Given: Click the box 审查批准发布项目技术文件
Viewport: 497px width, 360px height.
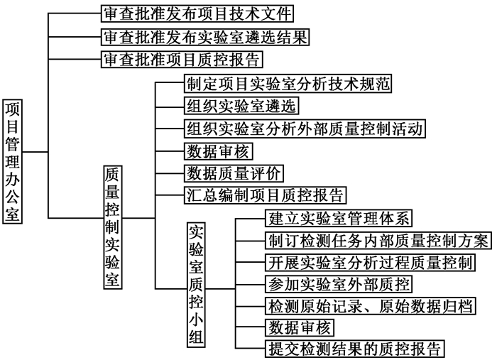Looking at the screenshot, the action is pyautogui.click(x=197, y=13).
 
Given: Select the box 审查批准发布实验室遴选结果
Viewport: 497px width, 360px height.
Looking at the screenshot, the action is pyautogui.click(x=205, y=37).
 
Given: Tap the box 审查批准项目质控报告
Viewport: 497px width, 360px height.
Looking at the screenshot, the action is pyautogui.click(x=182, y=59).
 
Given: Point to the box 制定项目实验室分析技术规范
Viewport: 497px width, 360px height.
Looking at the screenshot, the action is pyautogui.click(x=288, y=84).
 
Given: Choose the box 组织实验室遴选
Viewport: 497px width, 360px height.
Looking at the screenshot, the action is pyautogui.click(x=241, y=106).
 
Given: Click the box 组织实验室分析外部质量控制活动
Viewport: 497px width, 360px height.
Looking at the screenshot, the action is pyautogui.click(x=305, y=129).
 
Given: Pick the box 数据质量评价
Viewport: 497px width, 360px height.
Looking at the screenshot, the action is pyautogui.click(x=234, y=173).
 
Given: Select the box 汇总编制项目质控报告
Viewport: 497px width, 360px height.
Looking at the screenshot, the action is pyautogui.click(x=265, y=195).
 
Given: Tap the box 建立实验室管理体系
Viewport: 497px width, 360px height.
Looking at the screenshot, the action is pyautogui.click(x=339, y=218).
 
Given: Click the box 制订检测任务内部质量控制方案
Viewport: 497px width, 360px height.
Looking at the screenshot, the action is pyautogui.click(x=378, y=241).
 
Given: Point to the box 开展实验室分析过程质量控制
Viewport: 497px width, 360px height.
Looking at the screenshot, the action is pyautogui.click(x=370, y=263).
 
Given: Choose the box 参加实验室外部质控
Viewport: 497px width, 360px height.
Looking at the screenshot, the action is pyautogui.click(x=339, y=284).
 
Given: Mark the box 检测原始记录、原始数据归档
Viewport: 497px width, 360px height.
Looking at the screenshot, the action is pyautogui.click(x=371, y=306).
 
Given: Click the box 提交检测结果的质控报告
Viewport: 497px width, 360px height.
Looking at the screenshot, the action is pyautogui.click(x=355, y=349).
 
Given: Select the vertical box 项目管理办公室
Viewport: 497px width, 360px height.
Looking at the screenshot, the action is pyautogui.click(x=12, y=162).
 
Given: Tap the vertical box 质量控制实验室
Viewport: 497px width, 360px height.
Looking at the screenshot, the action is pyautogui.click(x=113, y=227).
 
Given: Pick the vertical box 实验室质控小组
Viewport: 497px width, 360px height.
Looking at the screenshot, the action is pyautogui.click(x=196, y=285).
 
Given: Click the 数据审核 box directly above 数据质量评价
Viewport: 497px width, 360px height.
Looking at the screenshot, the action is pyautogui.click(x=218, y=151).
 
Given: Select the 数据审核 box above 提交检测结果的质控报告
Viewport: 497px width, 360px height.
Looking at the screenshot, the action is pyautogui.click(x=300, y=327).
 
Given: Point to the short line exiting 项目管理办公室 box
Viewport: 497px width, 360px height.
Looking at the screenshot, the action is pyautogui.click(x=35, y=152).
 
